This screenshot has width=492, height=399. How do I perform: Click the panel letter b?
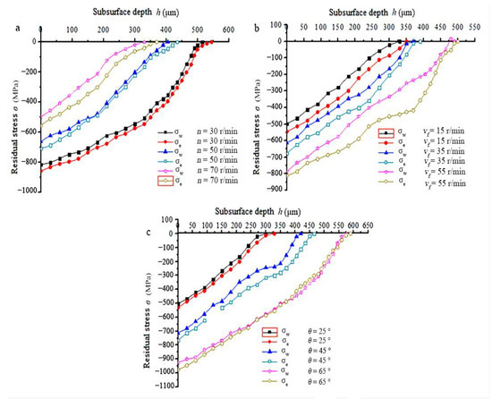pos(257,29)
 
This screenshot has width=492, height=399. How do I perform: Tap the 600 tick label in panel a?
pos(230,30)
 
